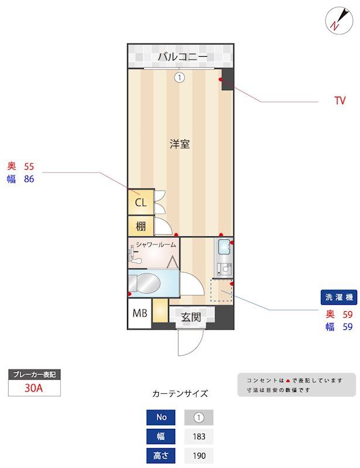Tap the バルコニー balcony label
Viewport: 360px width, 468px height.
[x=182, y=57]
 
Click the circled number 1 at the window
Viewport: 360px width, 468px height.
[x=180, y=77]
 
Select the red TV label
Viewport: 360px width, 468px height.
[x=340, y=101]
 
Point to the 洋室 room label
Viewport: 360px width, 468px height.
[x=180, y=144]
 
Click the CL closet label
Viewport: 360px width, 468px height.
[x=140, y=203]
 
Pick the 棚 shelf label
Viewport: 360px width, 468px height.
[x=140, y=226]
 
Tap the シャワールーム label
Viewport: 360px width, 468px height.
[x=156, y=245]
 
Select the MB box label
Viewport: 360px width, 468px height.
[x=140, y=314]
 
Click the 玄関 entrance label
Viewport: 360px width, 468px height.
[x=191, y=317]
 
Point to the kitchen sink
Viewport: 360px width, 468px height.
[x=224, y=248]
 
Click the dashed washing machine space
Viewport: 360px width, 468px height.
[x=221, y=291]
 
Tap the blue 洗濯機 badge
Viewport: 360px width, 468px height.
[x=339, y=298]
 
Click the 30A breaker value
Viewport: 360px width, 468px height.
[x=34, y=387]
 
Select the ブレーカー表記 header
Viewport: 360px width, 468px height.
[x=35, y=374]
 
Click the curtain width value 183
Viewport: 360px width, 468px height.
[x=198, y=436]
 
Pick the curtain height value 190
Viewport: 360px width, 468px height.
[x=198, y=456]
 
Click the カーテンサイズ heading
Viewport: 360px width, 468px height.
[x=180, y=394]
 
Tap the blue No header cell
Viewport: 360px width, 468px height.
[x=161, y=417]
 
